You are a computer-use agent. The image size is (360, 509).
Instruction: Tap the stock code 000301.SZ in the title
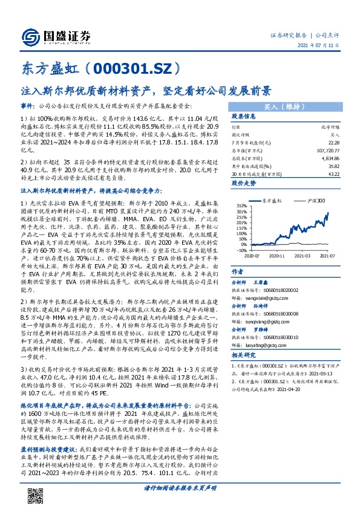128,66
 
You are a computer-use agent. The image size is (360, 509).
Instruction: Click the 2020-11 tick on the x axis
273,255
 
